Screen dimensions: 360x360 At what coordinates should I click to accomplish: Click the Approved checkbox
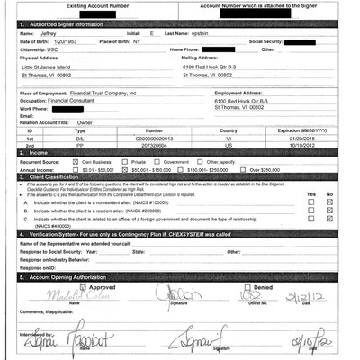coord(74,287)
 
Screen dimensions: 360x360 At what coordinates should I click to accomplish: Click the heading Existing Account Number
coord(107,4)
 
